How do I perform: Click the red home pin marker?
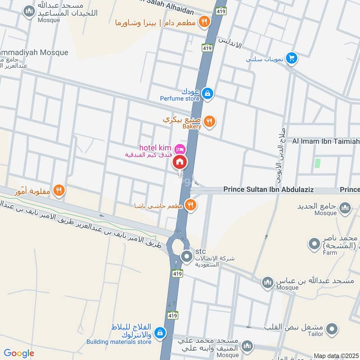point(180,162)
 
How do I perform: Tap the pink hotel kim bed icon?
point(180,148)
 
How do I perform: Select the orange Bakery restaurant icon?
point(209,121)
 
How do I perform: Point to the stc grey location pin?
point(187,257)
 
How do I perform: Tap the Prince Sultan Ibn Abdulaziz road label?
point(268,190)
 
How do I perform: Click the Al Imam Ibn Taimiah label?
point(326,142)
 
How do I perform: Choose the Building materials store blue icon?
point(159,333)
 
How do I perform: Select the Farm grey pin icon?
point(314,244)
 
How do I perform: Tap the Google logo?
point(18,354)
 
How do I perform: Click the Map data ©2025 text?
point(336,355)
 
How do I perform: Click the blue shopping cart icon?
point(292,58)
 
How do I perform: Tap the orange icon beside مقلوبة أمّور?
point(58,191)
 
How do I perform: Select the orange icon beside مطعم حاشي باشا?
point(191,205)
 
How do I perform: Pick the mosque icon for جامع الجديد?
point(345,207)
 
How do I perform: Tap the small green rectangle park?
point(318,164)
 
